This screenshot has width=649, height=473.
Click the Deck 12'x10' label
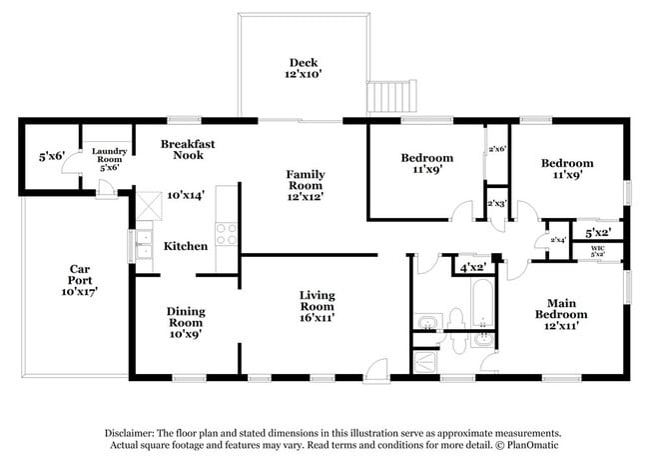pyautogui.click(x=304, y=68)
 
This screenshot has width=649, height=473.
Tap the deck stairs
pyautogui.click(x=391, y=96)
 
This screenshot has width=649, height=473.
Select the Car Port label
pyautogui.click(x=80, y=280)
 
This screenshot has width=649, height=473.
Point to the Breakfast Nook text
pyautogui.click(x=188, y=150)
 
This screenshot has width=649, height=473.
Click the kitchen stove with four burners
pyautogui.click(x=227, y=234)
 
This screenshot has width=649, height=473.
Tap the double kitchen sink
pyautogui.click(x=145, y=245)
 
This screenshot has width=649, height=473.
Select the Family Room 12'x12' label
pyautogui.click(x=306, y=185)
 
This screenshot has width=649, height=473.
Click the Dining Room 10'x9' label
pyautogui.click(x=186, y=323)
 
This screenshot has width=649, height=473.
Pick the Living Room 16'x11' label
pyautogui.click(x=318, y=306)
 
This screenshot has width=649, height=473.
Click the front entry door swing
pyautogui.click(x=376, y=371)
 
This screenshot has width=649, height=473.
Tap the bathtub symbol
pyautogui.click(x=482, y=303)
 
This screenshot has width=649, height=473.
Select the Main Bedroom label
pyautogui.click(x=561, y=314)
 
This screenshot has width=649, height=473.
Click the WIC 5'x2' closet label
pyautogui.click(x=598, y=251)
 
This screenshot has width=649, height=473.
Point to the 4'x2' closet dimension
pyautogui.click(x=473, y=268)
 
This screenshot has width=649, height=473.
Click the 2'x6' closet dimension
pyautogui.click(x=497, y=149)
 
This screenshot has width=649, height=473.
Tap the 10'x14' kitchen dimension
pyautogui.click(x=186, y=195)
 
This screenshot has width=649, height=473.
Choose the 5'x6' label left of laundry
pyautogui.click(x=52, y=156)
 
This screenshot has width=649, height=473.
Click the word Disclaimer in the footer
pyautogui.click(x=129, y=434)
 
